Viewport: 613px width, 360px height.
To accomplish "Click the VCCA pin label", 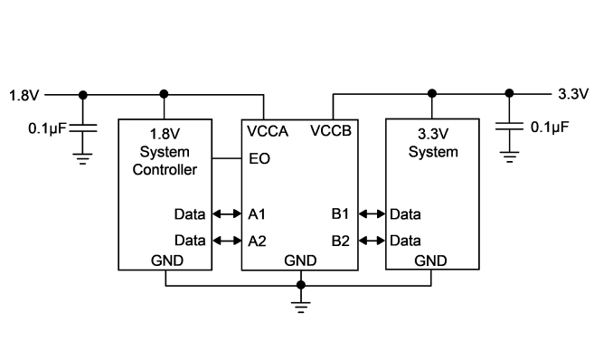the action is [x=268, y=131].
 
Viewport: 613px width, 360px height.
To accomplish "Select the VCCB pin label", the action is [x=331, y=130].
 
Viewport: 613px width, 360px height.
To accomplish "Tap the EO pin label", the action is [x=259, y=159].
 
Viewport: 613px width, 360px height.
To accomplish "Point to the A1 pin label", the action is [x=257, y=214].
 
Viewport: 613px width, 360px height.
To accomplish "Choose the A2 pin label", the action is [x=258, y=241].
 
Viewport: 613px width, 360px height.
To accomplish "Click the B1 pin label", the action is [x=340, y=214].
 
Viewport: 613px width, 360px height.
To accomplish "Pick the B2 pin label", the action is [x=341, y=241].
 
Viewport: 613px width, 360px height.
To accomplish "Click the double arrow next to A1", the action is [x=227, y=213].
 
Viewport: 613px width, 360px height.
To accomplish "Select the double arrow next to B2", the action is [x=372, y=241].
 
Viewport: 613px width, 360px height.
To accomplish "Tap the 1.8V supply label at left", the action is [x=24, y=96].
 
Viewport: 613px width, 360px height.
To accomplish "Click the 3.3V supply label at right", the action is [x=573, y=94].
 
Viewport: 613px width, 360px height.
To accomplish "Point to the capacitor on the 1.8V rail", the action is [x=83, y=128].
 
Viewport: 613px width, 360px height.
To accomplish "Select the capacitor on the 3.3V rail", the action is [x=509, y=126].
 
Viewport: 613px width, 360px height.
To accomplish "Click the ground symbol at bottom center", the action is [x=301, y=308].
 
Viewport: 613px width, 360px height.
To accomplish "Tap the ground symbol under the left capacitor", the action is [x=82, y=158].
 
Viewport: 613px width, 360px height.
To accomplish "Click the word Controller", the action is [x=165, y=170].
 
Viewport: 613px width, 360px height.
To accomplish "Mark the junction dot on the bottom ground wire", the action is [x=301, y=285].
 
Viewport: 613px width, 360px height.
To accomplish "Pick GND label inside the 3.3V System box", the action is [x=430, y=261].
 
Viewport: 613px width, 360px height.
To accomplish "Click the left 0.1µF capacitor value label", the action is [x=47, y=128].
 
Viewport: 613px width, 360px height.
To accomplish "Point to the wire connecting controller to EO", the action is [x=227, y=158].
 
